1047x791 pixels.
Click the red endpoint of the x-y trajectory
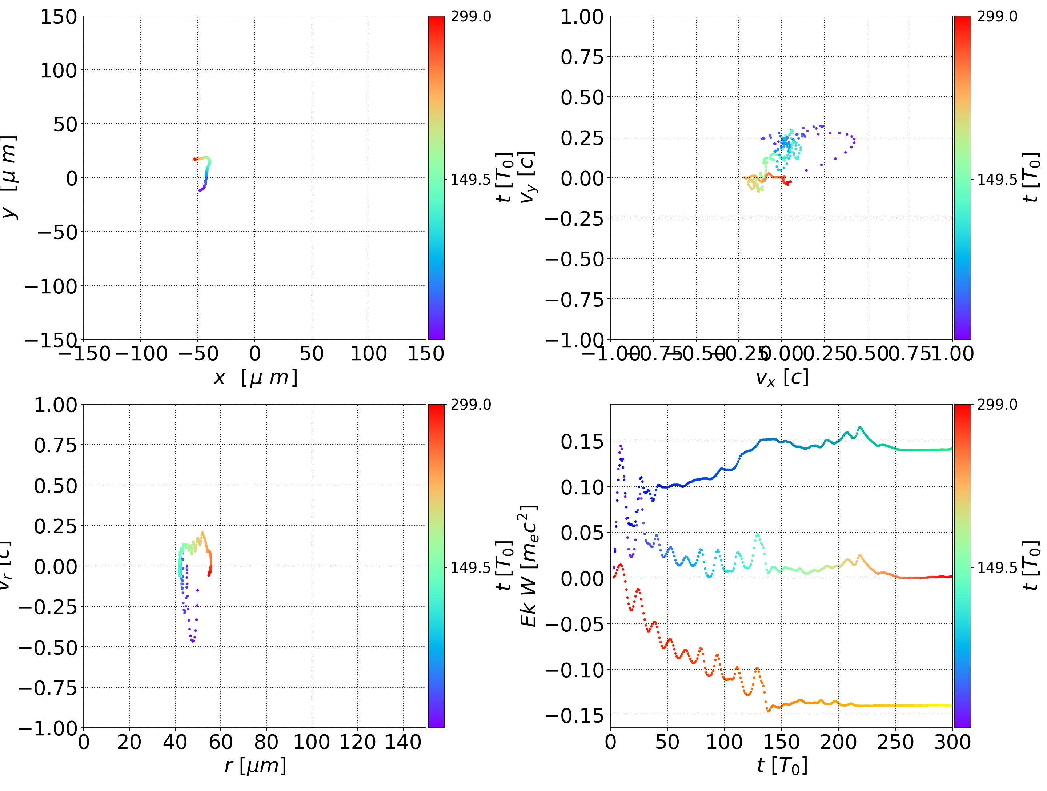click(x=194, y=159)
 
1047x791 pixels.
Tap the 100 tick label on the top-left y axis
click(x=58, y=71)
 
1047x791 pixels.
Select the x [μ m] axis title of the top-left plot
click(x=256, y=378)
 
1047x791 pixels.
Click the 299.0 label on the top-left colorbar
click(x=470, y=17)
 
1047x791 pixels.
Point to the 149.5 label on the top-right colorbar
click(x=997, y=180)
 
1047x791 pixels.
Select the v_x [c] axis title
click(x=782, y=378)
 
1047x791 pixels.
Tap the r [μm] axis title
click(x=256, y=766)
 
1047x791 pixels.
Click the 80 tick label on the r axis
click(x=266, y=742)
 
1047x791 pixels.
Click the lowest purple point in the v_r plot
click(x=193, y=642)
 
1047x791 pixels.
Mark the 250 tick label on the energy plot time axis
click(x=895, y=742)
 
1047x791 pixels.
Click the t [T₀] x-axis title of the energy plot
click(x=782, y=766)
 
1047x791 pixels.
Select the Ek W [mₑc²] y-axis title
click(x=528, y=566)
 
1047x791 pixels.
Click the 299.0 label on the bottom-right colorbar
click(x=997, y=405)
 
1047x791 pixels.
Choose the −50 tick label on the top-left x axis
click(x=198, y=354)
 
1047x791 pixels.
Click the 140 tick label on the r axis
click(x=403, y=742)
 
